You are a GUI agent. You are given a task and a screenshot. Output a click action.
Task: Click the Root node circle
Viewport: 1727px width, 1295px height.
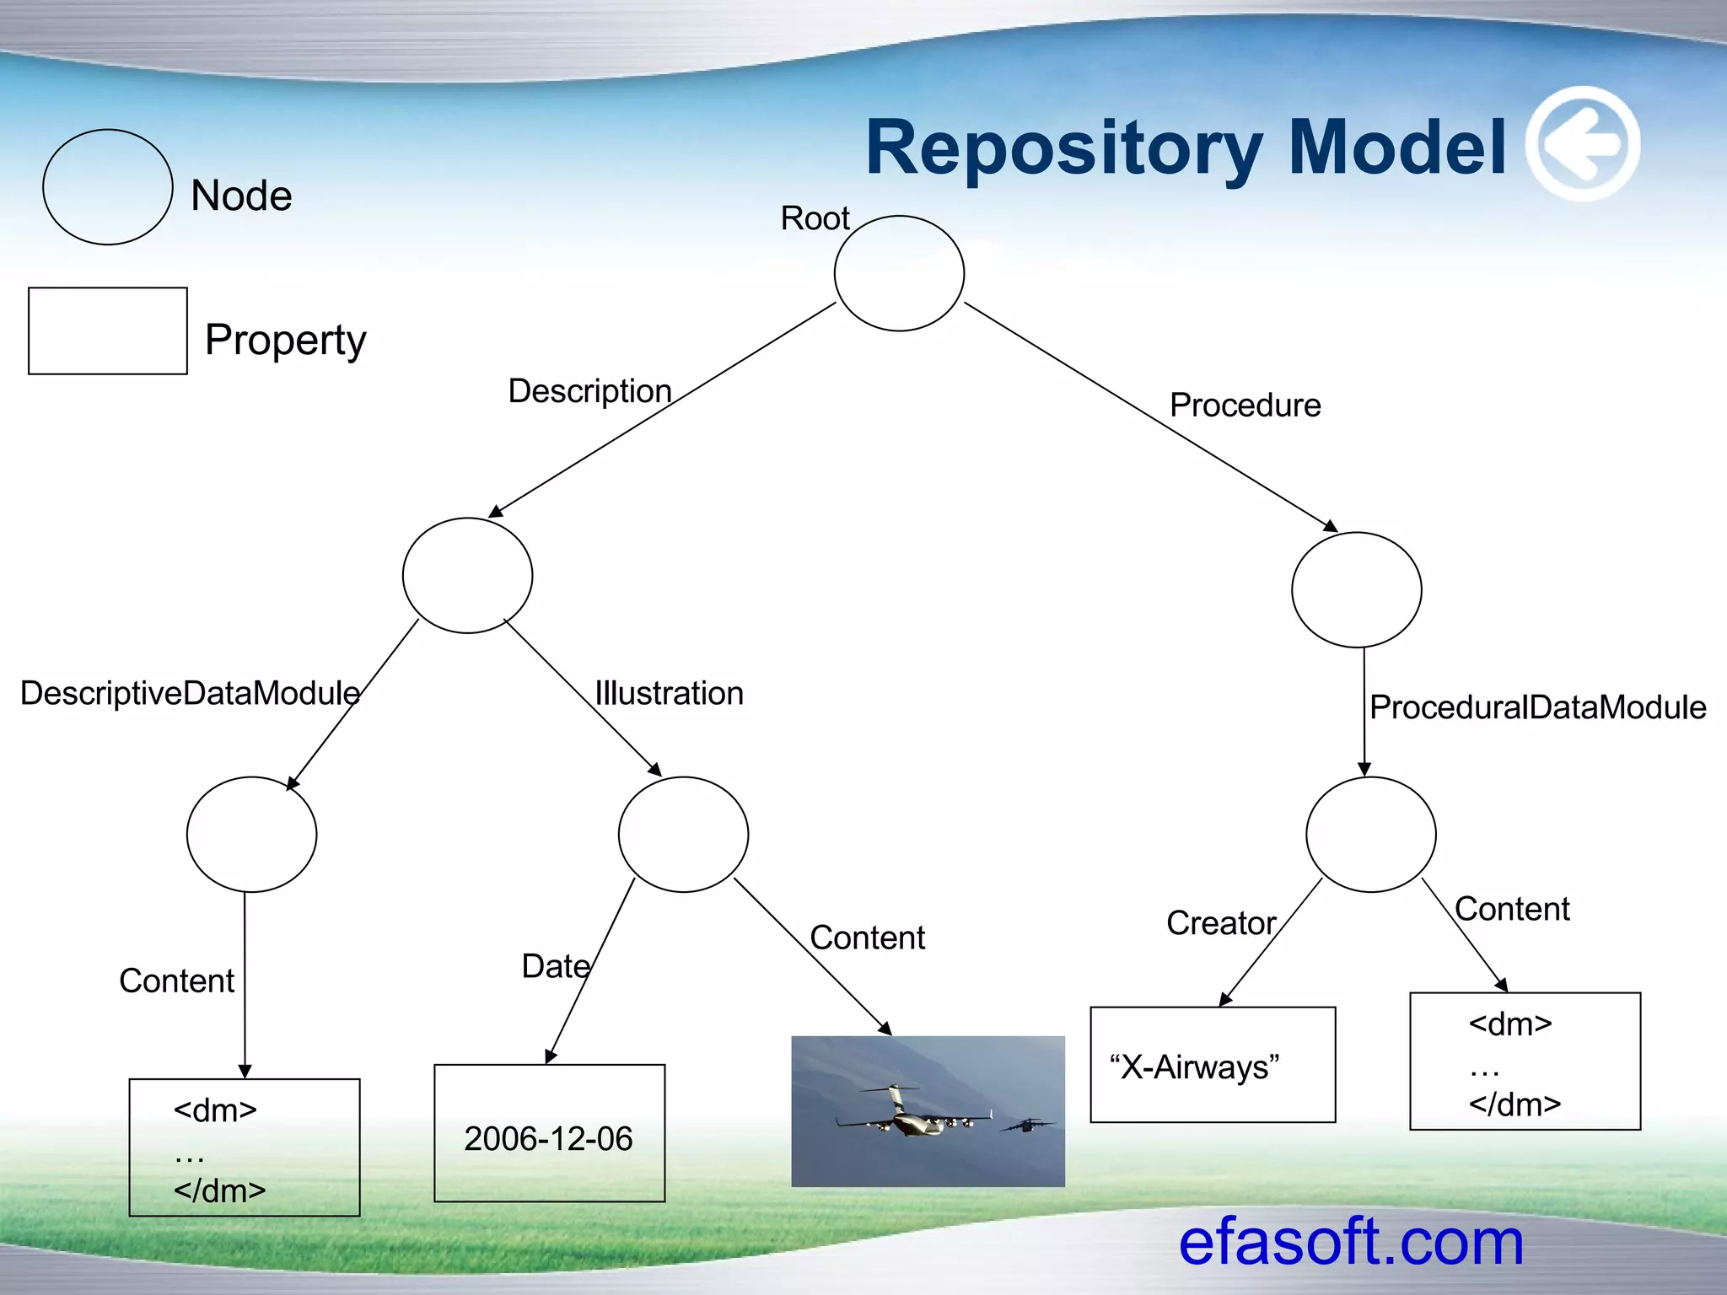coord(899,273)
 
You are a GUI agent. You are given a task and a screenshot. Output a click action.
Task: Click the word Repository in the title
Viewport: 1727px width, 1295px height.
coord(1063,148)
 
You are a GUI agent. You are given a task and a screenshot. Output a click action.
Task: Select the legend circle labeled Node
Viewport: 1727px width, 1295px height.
coord(108,187)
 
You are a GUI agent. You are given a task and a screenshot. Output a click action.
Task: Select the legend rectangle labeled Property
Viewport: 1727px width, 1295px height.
coord(108,330)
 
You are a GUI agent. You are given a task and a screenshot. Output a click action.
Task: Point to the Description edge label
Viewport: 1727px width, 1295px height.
coord(589,391)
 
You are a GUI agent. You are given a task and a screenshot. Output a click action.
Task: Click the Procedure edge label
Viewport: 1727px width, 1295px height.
coord(1245,406)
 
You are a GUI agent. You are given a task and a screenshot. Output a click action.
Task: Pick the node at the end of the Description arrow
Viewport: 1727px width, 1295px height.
coord(467,575)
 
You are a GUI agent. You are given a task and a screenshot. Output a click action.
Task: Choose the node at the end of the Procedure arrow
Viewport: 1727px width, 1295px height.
coord(1356,589)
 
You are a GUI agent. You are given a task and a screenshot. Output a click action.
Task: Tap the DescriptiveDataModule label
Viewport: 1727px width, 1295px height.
coord(190,693)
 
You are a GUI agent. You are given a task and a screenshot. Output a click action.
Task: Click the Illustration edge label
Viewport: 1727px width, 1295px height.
coord(670,693)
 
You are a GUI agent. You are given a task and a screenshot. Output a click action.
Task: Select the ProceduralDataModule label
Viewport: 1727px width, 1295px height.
coord(1536,707)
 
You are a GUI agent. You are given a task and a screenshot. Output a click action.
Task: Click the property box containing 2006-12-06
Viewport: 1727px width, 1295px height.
coord(549,1132)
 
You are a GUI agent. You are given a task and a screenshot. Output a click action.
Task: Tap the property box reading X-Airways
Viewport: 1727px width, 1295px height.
coord(1212,1065)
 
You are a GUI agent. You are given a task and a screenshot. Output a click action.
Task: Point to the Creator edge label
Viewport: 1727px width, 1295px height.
coord(1220,923)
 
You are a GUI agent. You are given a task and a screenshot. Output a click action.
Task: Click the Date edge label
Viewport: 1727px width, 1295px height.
coord(556,966)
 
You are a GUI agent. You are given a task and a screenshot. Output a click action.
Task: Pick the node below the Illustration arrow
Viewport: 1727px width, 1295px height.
coord(683,834)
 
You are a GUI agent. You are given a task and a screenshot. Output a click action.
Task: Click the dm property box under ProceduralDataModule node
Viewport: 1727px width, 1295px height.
coord(1525,1061)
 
